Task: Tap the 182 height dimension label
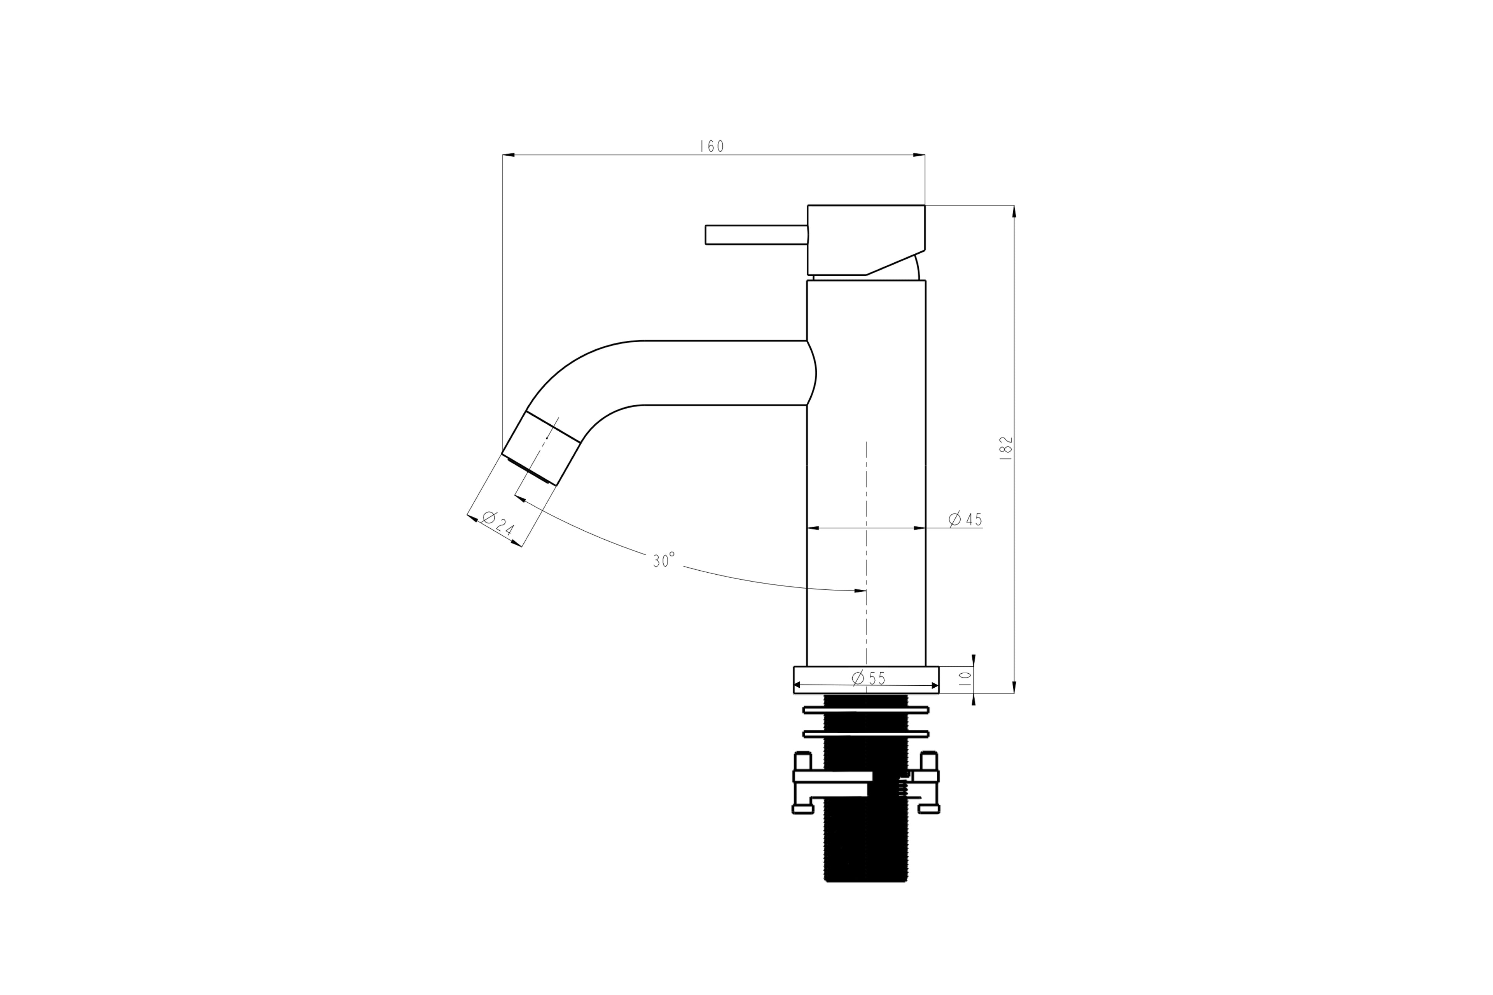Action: [x=1006, y=448]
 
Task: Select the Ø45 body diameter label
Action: [x=965, y=519]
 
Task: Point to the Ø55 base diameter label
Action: [x=868, y=678]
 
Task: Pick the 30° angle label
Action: [x=664, y=560]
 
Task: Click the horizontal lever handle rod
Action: [x=756, y=235]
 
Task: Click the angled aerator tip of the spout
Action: [x=541, y=448]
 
